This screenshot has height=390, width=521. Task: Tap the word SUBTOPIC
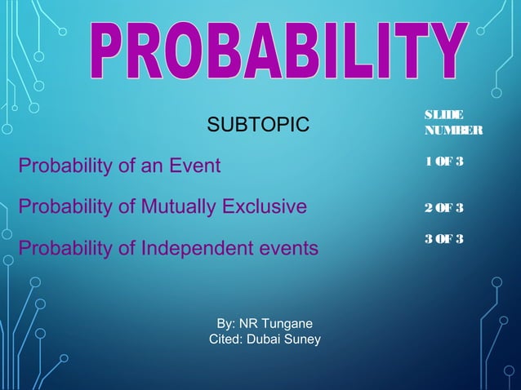point(259,125)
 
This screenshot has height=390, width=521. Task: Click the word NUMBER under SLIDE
point(453,131)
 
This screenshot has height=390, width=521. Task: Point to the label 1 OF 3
point(444,162)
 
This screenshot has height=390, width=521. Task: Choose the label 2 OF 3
point(444,207)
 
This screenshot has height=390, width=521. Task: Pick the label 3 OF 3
point(444,238)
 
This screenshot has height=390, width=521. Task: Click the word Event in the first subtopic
point(196,166)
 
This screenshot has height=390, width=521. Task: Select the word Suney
point(305,339)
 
